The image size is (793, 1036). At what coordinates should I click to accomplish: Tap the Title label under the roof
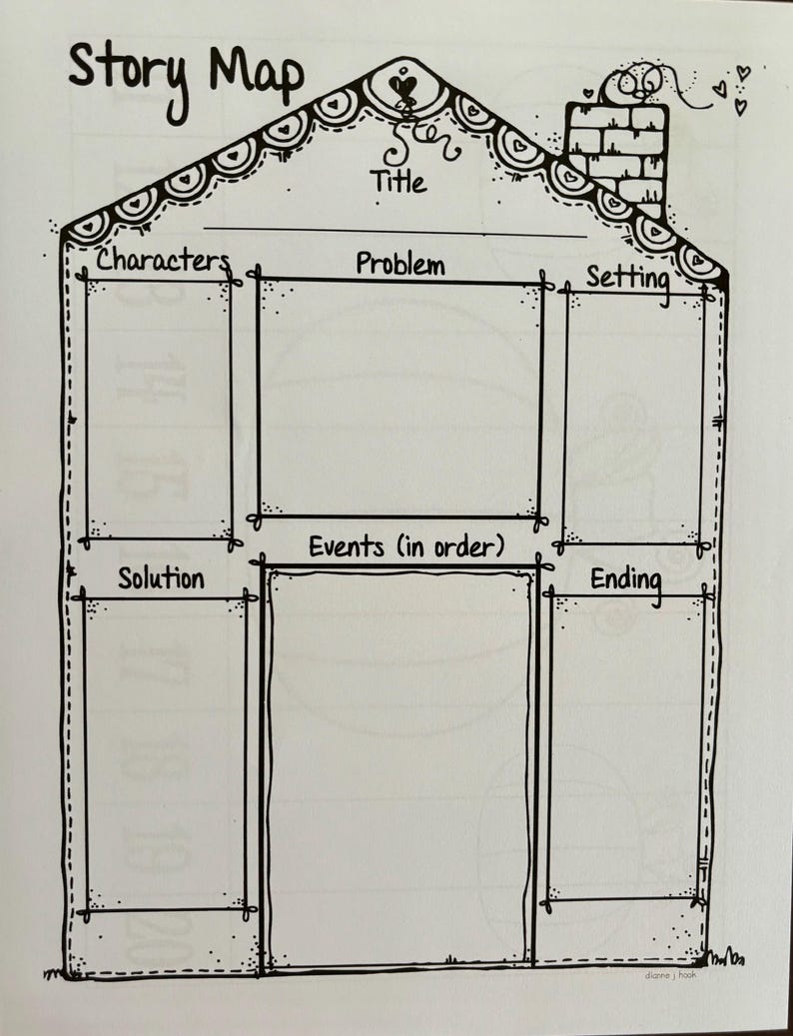point(397,182)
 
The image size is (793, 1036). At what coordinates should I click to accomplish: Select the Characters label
point(163,261)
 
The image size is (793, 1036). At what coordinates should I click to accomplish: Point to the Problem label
point(400,264)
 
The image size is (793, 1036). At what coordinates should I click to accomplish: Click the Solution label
point(161,578)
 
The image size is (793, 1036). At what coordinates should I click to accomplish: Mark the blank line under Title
point(395,232)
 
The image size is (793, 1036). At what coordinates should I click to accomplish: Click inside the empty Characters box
point(159,411)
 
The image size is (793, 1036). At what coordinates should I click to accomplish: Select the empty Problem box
point(398,398)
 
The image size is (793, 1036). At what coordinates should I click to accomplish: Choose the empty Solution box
point(164,754)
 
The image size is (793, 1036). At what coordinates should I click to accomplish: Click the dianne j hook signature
point(670,974)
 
